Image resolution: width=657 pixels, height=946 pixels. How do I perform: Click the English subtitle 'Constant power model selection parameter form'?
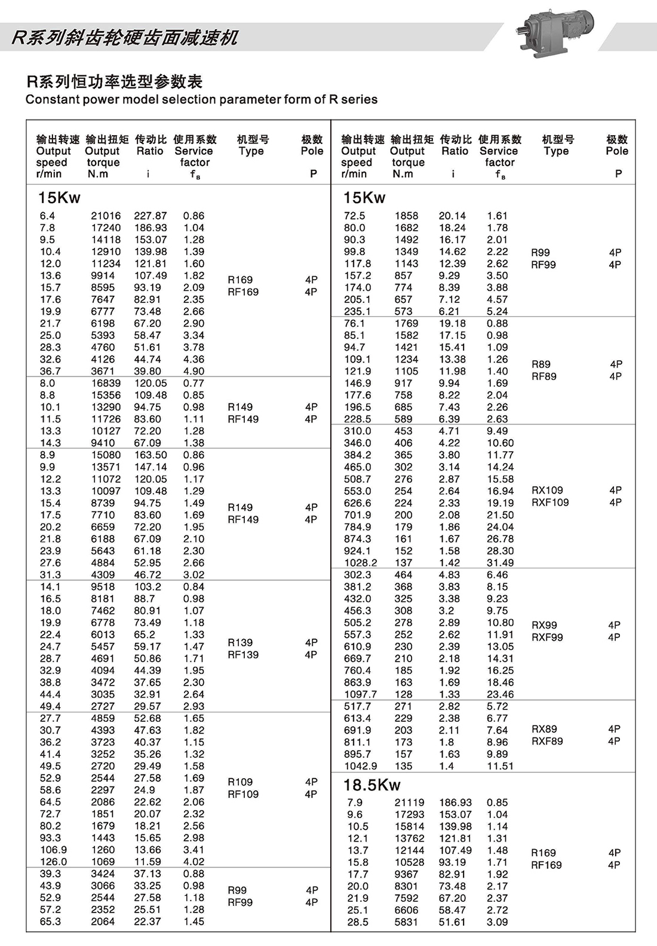click(201, 99)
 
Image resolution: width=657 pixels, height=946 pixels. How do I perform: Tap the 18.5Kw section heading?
click(372, 785)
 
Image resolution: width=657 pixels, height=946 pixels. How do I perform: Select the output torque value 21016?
click(106, 216)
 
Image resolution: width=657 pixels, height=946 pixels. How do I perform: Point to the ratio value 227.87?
click(151, 216)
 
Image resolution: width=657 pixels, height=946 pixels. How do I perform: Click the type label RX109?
click(547, 490)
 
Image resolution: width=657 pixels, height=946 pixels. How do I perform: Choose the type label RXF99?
click(547, 637)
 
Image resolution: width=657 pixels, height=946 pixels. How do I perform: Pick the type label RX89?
click(544, 729)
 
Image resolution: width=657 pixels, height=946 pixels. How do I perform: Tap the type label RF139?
click(243, 655)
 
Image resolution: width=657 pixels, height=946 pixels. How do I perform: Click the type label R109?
click(240, 782)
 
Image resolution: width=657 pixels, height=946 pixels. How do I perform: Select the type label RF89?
click(544, 376)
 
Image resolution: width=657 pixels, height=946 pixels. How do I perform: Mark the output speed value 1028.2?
click(360, 563)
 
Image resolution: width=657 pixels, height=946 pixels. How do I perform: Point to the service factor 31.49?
click(500, 563)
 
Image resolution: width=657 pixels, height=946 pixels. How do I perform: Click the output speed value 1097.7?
click(360, 694)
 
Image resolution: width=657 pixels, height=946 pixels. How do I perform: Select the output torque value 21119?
click(409, 803)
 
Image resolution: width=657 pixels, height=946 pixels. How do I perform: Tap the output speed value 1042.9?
click(360, 766)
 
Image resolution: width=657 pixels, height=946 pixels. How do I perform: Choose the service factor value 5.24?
click(497, 311)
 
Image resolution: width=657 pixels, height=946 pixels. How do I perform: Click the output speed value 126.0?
click(53, 862)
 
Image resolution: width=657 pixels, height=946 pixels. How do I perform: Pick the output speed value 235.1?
click(357, 311)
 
